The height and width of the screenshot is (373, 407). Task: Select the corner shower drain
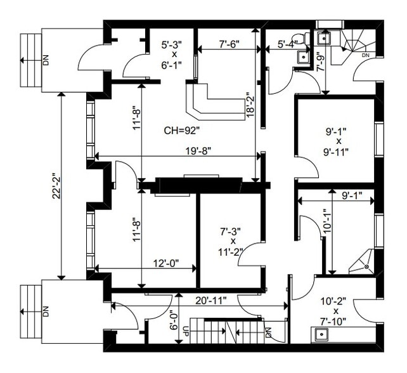[x=366, y=267]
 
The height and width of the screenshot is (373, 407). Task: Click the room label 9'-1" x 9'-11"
[x=338, y=141]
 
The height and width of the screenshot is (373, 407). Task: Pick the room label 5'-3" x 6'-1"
[x=171, y=55]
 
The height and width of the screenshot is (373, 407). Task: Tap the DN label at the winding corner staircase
[x=365, y=56]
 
